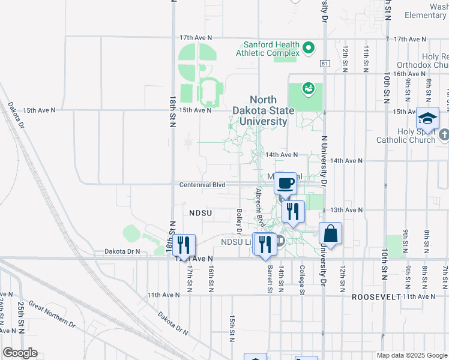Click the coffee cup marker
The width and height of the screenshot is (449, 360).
(286, 182)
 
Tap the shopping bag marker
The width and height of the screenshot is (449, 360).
(330, 233)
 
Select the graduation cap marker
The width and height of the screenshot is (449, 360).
(428, 118)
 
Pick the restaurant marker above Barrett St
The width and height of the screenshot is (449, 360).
(263, 244)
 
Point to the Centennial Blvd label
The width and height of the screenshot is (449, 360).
(202, 185)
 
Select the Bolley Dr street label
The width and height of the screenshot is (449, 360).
(239, 221)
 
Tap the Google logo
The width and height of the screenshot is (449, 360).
(20, 353)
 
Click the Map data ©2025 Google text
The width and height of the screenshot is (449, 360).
(412, 355)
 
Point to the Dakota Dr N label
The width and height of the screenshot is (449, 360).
(122, 251)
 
